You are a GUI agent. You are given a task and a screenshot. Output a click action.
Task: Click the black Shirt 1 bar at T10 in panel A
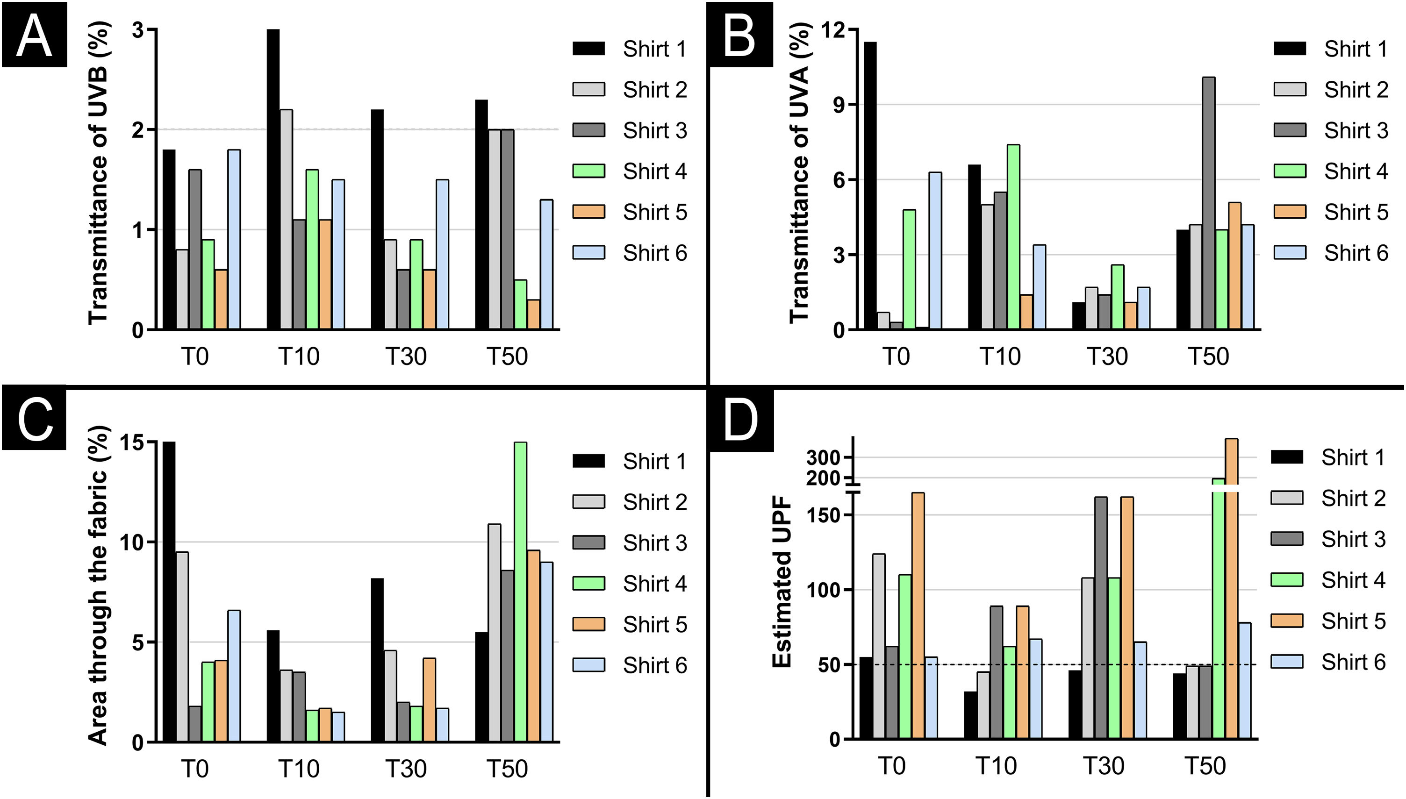pyautogui.click(x=273, y=179)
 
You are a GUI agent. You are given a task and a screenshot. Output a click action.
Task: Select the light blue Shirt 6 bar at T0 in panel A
pyautogui.click(x=234, y=239)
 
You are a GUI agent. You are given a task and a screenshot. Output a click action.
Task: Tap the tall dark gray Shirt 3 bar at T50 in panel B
pyautogui.click(x=1209, y=203)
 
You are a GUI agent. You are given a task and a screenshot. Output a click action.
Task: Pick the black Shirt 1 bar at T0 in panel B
pyautogui.click(x=870, y=185)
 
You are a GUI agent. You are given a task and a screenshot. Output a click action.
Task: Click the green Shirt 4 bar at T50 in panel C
pyautogui.click(x=520, y=592)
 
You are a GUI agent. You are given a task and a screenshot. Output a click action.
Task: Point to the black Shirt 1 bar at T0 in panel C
pyautogui.click(x=169, y=592)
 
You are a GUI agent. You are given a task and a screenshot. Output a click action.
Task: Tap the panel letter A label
pyautogui.click(x=34, y=34)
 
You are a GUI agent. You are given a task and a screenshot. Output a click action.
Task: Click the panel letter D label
pyautogui.click(x=741, y=420)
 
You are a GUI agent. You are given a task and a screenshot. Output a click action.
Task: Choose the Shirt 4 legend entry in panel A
pyautogui.click(x=630, y=171)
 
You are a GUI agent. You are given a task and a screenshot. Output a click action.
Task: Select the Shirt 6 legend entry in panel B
pyautogui.click(x=1331, y=253)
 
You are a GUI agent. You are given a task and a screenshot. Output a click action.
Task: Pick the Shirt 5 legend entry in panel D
pyautogui.click(x=1328, y=621)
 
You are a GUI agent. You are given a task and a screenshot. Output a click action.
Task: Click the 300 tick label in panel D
pyautogui.click(x=824, y=457)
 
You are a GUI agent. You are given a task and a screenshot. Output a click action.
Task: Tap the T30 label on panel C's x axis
pyautogui.click(x=406, y=769)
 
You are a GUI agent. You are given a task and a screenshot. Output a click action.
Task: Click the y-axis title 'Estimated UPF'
pyautogui.click(x=782, y=582)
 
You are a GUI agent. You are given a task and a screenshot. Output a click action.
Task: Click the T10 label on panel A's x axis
pyautogui.click(x=299, y=356)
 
